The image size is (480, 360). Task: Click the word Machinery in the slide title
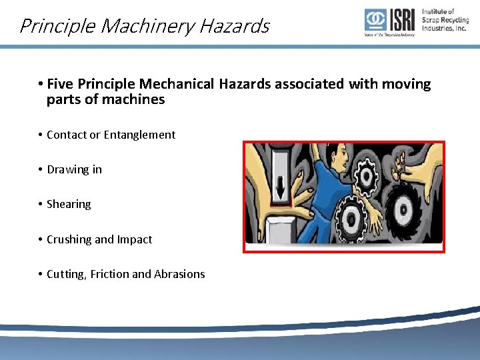pos(142,27)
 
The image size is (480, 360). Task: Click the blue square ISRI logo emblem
pos(375,20)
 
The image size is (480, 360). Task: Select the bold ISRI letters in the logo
pos(402,20)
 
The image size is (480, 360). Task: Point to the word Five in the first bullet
pos(61,84)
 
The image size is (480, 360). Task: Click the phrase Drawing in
pos(74,169)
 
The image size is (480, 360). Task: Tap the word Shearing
pos(69,204)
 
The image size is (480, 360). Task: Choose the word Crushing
pos(70,239)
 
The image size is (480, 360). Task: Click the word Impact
pos(135,239)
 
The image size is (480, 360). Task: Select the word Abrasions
pos(179,274)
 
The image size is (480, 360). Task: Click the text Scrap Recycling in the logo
pos(445,20)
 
